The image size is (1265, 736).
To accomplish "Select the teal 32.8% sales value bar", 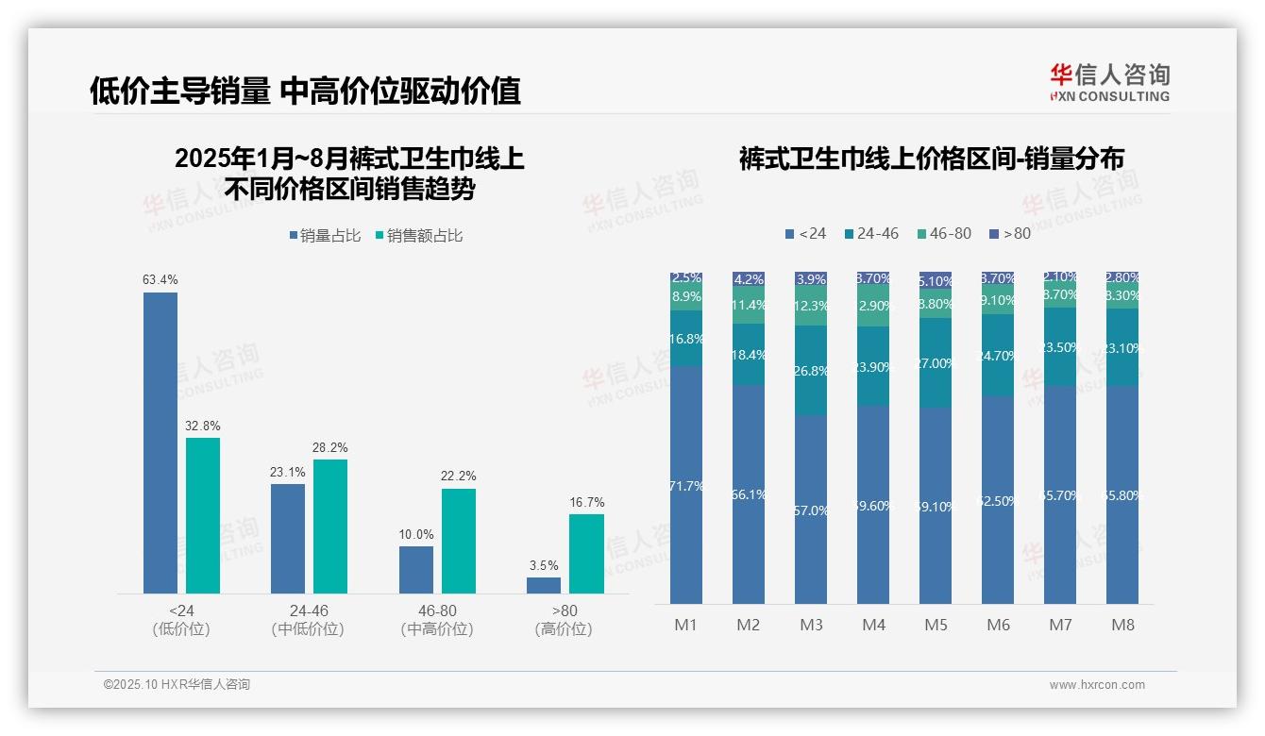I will point(203,515).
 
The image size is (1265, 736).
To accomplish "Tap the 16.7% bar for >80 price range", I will point(586,553).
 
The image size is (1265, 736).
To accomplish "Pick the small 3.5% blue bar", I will point(544,585).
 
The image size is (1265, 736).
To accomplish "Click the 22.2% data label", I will point(458,476).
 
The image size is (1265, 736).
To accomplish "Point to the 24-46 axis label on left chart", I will point(309,611).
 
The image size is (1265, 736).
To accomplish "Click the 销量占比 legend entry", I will point(325,236).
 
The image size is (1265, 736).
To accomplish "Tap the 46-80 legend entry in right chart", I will point(943,233).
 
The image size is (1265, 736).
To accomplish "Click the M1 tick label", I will point(685,625).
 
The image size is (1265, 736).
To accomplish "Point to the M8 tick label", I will point(1122,625).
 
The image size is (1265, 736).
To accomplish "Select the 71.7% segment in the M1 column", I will point(685,485).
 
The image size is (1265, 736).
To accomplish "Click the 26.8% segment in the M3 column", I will point(811,371).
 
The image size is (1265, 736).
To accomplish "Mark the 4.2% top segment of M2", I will point(749,279).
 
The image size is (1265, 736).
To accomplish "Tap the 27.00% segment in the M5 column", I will point(936,363).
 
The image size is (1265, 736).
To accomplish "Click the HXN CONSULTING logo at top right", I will point(1109,82).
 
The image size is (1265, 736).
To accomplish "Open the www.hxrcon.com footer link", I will point(1097,685).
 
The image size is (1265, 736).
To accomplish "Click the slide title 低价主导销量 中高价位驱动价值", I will point(305,91).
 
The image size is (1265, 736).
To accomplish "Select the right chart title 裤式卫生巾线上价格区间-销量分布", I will point(931,159).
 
